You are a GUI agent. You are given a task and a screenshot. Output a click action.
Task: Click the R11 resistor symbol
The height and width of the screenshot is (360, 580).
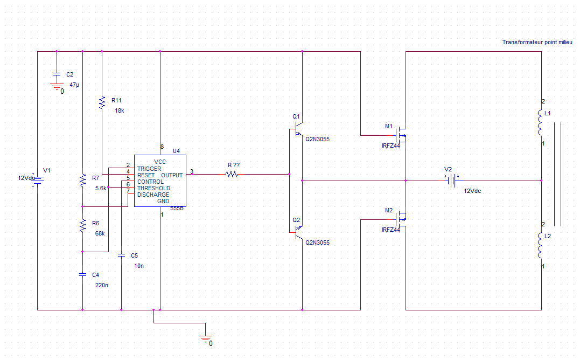point(102,102)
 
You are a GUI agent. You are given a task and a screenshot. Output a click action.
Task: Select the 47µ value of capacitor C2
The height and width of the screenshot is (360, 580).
point(74,85)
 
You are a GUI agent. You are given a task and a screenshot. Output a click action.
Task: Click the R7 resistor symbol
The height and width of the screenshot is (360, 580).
point(82,181)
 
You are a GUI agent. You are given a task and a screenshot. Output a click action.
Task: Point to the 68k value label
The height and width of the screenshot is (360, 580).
point(100,234)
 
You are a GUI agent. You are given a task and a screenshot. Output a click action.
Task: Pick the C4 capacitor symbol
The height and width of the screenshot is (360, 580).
point(82,274)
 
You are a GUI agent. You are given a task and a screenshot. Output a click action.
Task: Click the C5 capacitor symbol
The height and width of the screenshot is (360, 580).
point(121,254)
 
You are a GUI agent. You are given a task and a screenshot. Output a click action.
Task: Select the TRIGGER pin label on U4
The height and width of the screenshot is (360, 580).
point(149,169)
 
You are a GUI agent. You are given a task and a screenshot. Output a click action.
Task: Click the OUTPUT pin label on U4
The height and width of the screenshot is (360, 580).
point(172,175)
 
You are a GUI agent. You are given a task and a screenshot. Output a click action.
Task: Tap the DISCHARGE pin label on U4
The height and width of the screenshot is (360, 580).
point(153,195)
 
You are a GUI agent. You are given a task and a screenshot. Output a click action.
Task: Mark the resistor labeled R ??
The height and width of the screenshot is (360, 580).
point(232,174)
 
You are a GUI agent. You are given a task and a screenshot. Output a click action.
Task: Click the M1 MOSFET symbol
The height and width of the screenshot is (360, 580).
point(400,134)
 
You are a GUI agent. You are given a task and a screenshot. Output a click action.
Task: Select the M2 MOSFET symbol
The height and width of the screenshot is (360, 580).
point(400,219)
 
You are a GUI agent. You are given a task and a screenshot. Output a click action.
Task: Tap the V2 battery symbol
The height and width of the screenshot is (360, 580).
point(452,181)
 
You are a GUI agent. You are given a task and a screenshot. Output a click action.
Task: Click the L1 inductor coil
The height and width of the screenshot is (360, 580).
point(541,123)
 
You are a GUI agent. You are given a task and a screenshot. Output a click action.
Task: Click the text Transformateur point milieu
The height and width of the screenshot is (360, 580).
point(537,42)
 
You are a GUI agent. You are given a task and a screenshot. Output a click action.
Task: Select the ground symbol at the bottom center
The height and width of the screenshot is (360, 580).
point(205,338)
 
